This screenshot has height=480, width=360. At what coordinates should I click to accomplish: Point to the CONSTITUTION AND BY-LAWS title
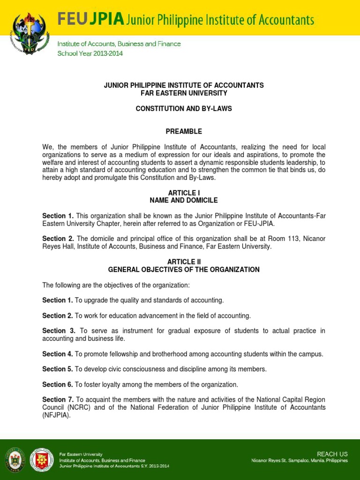click(x=184, y=109)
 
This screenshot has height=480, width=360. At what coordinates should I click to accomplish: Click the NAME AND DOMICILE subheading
click(x=184, y=201)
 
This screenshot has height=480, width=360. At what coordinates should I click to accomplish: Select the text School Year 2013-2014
click(x=90, y=53)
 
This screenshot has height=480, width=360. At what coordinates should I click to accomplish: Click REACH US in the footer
click(x=332, y=454)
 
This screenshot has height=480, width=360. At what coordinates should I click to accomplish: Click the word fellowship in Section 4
click(x=120, y=354)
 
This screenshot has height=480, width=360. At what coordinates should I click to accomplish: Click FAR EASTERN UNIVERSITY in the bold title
click(x=184, y=93)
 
